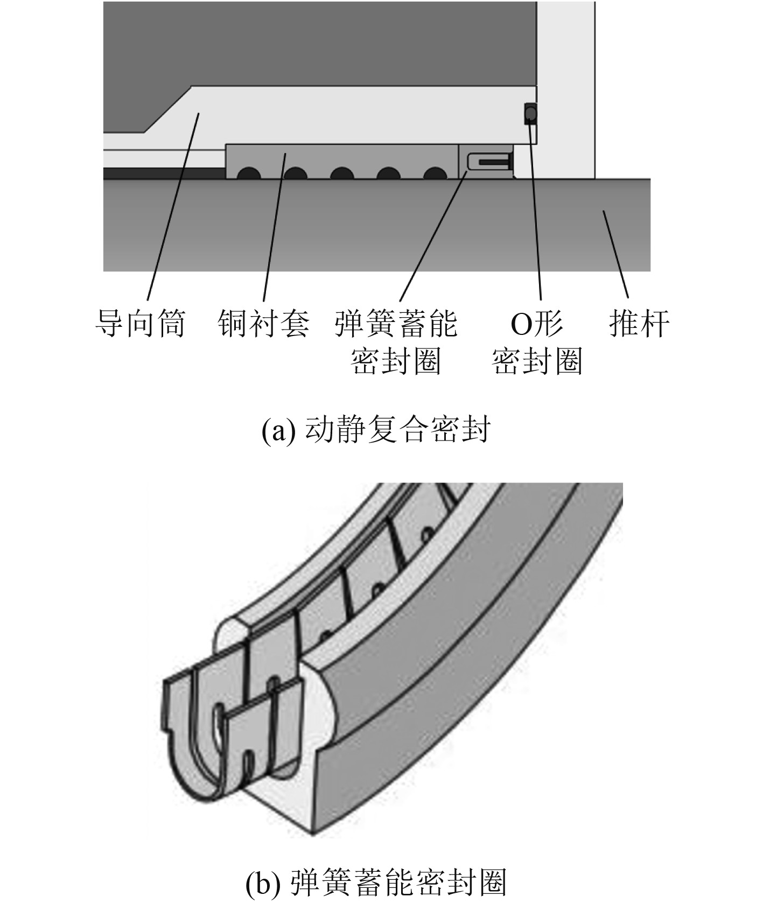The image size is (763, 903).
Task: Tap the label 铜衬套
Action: pyautogui.click(x=264, y=324)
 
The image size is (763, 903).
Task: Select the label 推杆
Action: pyautogui.click(x=640, y=324)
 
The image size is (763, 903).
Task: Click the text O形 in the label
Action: pyautogui.click(x=536, y=324)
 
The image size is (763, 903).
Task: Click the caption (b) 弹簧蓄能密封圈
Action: pyautogui.click(x=376, y=883)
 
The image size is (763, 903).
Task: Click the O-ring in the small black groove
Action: pyautogui.click(x=530, y=113)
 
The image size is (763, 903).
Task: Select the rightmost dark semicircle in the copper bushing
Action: pyautogui.click(x=436, y=174)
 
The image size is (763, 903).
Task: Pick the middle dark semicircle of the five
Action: pyautogui.click(x=342, y=174)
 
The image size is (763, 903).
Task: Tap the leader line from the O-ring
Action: pyautogui.click(x=536, y=215)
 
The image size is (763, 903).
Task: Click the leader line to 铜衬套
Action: pyautogui.click(x=275, y=226)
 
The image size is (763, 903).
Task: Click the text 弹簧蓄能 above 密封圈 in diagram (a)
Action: pyautogui.click(x=396, y=324)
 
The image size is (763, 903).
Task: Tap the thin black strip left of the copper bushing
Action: pyautogui.click(x=164, y=173)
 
